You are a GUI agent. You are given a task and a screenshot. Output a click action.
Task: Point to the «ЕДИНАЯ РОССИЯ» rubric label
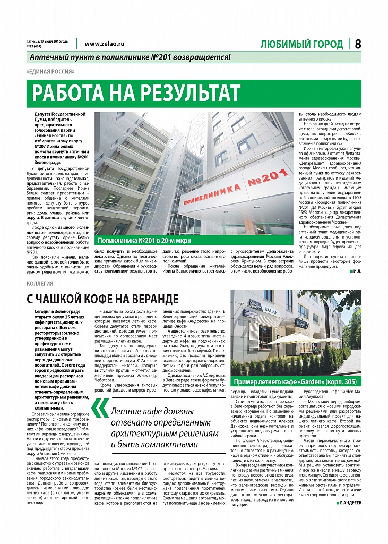50,72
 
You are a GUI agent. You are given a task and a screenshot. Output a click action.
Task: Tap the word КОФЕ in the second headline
104,299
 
